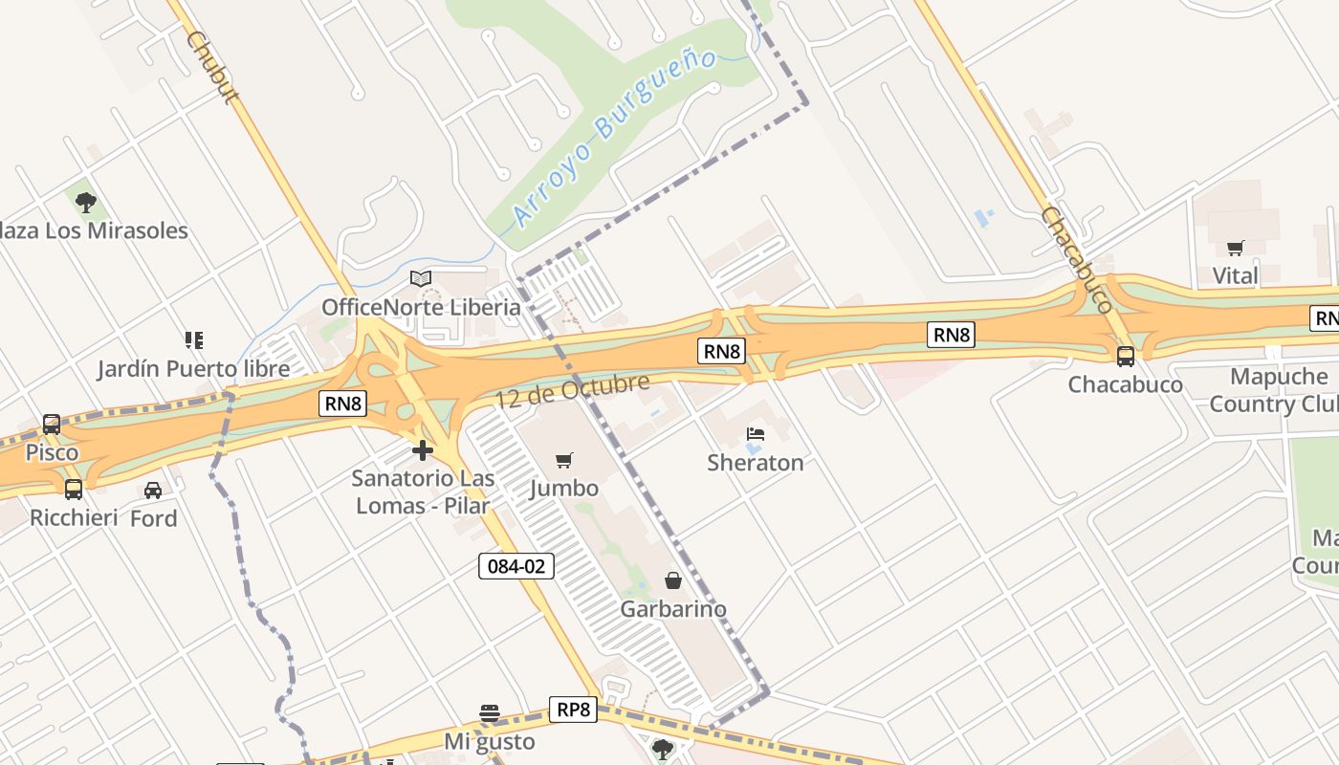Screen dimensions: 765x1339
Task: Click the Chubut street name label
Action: pos(212,67)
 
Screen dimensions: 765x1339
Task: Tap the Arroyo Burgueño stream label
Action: pos(614,140)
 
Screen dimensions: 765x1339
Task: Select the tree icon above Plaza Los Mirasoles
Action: pos(86,203)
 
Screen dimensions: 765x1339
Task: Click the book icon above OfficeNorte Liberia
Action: pos(421,278)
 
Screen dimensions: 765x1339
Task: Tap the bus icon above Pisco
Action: pos(52,424)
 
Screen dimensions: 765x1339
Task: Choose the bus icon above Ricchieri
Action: pos(74,490)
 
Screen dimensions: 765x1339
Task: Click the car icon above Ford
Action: pos(153,491)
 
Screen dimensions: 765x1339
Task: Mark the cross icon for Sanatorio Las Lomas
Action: pos(423,450)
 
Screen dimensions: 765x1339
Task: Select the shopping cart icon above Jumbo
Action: pos(564,461)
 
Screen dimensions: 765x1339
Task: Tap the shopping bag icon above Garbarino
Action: pos(673,580)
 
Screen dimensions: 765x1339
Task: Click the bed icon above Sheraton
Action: pos(755,434)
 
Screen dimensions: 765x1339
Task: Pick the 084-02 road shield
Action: pos(516,566)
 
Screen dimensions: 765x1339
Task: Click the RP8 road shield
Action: pos(573,710)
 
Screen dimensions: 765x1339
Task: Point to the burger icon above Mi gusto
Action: pos(490,713)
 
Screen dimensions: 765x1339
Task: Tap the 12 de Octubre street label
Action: pos(572,392)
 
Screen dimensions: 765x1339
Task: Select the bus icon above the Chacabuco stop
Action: pos(1126,356)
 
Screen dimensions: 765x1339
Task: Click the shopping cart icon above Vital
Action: pos(1235,249)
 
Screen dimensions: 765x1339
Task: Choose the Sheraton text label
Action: pos(756,463)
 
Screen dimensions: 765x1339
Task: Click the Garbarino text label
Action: pos(673,609)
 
